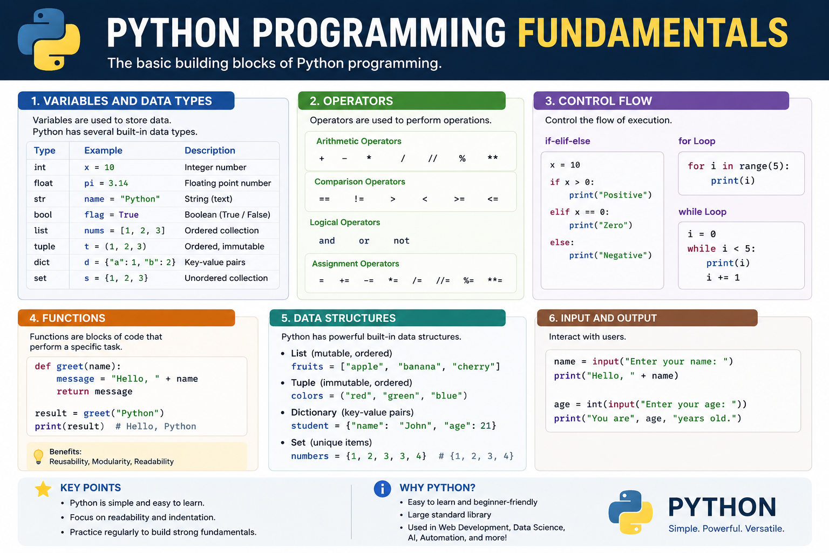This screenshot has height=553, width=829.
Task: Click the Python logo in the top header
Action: click(x=49, y=39)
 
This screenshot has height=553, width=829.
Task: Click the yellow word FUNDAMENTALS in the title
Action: click(x=653, y=33)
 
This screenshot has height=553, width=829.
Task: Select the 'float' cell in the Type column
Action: click(x=43, y=183)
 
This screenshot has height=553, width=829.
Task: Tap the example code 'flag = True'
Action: click(x=111, y=215)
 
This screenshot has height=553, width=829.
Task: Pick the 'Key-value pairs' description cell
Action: click(x=215, y=262)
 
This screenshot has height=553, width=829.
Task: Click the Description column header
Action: click(x=210, y=150)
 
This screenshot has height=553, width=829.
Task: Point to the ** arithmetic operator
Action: click(x=493, y=158)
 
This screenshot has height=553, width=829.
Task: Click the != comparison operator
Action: click(x=359, y=199)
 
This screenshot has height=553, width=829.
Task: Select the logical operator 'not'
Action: click(x=402, y=241)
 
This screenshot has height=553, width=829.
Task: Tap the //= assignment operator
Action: click(x=443, y=280)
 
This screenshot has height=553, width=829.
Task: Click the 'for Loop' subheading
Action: click(x=697, y=141)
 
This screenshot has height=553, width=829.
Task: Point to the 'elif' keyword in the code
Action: click(x=560, y=212)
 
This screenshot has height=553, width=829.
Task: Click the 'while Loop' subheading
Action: click(x=702, y=212)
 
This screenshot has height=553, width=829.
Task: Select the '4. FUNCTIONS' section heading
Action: click(x=67, y=318)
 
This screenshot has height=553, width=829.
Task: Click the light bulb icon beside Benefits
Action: click(x=38, y=457)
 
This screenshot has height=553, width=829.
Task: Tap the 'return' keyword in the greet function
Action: click(x=72, y=392)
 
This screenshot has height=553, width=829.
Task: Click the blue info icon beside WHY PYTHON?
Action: click(x=382, y=489)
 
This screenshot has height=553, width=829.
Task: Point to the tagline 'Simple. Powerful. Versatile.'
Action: click(x=726, y=529)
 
